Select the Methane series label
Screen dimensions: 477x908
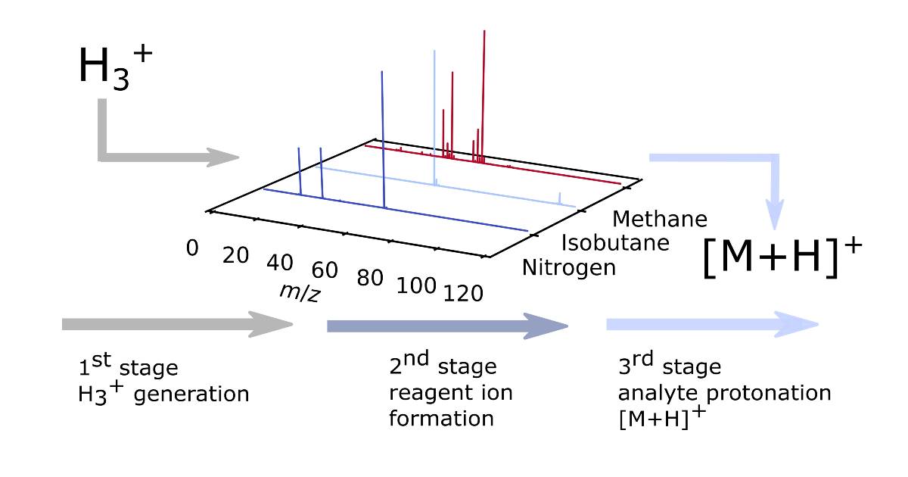[x=660, y=219]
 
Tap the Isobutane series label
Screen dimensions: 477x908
[x=614, y=243]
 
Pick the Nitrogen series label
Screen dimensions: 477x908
[x=568, y=267]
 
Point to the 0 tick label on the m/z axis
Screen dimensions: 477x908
[x=193, y=248]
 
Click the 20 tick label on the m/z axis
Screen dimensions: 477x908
[x=236, y=256]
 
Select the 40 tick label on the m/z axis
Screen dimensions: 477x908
[x=280, y=263]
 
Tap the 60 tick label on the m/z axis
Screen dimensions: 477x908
[x=325, y=270]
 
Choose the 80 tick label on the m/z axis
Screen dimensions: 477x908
[x=370, y=278]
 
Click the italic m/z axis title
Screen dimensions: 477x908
[x=299, y=292]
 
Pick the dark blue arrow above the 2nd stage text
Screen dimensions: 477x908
[x=446, y=326]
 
